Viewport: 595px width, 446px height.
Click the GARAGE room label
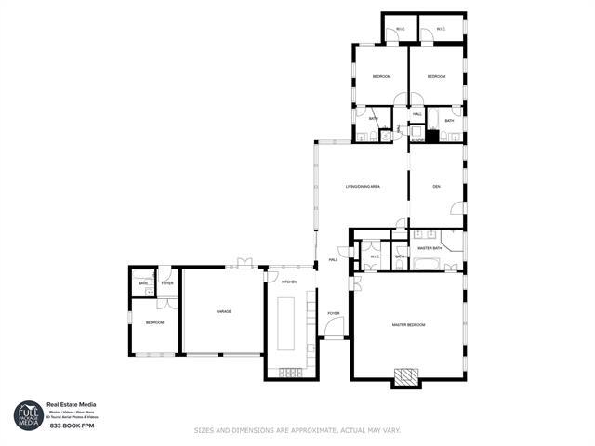pyautogui.click(x=223, y=311)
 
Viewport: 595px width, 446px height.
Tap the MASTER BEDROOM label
pyautogui.click(x=408, y=324)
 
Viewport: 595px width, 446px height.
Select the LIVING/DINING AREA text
pyautogui.click(x=363, y=187)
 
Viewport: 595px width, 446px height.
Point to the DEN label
pyautogui.click(x=436, y=187)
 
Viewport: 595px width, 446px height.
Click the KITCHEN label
pyautogui.click(x=289, y=282)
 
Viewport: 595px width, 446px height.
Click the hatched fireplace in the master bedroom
pyautogui.click(x=405, y=375)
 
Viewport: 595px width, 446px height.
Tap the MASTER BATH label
pyautogui.click(x=429, y=248)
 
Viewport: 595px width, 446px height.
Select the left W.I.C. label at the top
pyautogui.click(x=400, y=30)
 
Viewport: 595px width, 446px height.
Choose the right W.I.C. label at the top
pyautogui.click(x=441, y=30)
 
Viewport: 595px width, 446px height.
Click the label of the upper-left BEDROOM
pyautogui.click(x=381, y=76)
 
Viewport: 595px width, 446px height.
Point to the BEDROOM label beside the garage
pyautogui.click(x=153, y=322)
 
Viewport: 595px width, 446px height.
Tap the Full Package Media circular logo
pyautogui.click(x=29, y=415)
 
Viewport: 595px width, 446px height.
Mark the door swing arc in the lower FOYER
pyautogui.click(x=336, y=327)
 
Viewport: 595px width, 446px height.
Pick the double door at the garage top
pyautogui.click(x=245, y=264)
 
